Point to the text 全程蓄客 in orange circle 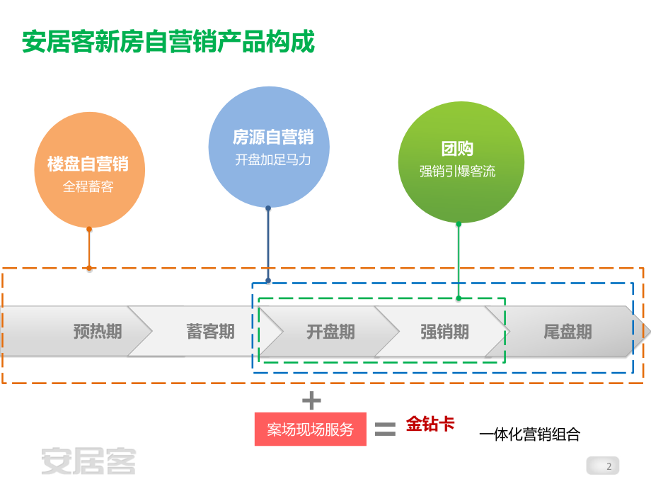(88, 187)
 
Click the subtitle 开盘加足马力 (272, 159)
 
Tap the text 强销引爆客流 (457, 171)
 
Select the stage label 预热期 (98, 331)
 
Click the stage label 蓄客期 (211, 331)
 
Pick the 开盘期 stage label (330, 331)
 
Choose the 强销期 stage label (444, 331)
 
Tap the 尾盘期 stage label (568, 331)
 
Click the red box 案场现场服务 (310, 429)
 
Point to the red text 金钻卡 (430, 424)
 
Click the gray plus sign (311, 401)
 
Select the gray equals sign (384, 428)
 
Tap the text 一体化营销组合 (529, 434)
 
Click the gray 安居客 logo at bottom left (88, 461)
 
